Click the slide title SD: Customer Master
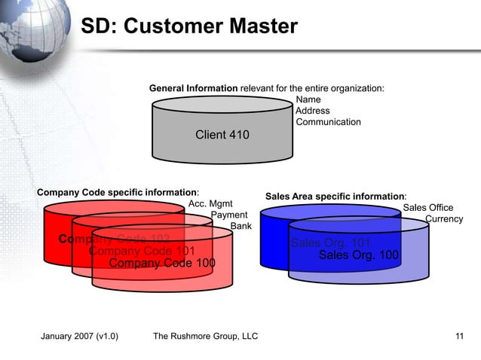[x=189, y=27]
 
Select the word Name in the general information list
[x=308, y=99]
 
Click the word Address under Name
[x=312, y=111]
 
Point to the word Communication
[x=328, y=122]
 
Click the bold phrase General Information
[x=193, y=89]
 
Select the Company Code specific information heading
[x=118, y=192]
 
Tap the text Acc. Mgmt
[x=210, y=203]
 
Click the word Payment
[x=229, y=215]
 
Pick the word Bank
[x=240, y=226]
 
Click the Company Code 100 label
[x=162, y=263]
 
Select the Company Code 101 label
[x=142, y=251]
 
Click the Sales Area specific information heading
[x=335, y=197]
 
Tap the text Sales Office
[x=427, y=208]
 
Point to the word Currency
[x=444, y=219]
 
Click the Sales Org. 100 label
[x=358, y=255]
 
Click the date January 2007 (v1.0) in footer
[x=78, y=336]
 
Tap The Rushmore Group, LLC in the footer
[x=205, y=336]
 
